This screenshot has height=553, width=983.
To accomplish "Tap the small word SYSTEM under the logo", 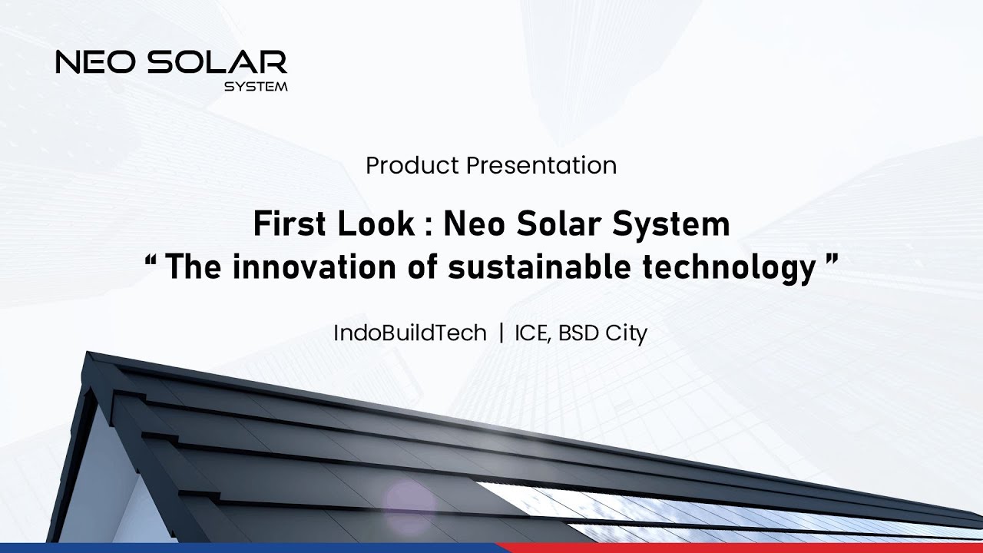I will pos(256,87).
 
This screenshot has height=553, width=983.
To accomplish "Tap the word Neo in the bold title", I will pos(474,225).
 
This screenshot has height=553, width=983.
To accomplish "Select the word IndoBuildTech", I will pos(410,333).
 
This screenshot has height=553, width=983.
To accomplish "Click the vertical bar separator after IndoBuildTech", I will pos(501,333).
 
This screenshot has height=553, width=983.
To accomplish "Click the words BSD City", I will pos(603,333).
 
